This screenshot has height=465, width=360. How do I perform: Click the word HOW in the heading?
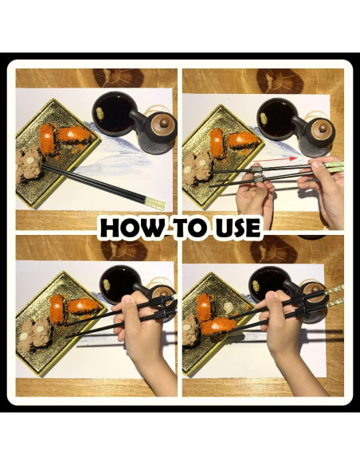coord(132,228)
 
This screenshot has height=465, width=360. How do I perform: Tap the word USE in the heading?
coord(238,228)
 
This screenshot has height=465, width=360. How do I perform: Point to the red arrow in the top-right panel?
coord(276,159)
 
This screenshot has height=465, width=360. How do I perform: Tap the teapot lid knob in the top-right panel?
coord(323,128)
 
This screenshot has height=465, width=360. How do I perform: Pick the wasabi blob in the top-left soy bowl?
coord(100,113)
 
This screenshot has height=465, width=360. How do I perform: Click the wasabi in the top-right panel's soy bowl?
coord(264,119)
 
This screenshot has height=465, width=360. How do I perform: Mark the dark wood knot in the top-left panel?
coord(119,78)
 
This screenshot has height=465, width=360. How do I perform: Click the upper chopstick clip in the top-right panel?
coord(257,170)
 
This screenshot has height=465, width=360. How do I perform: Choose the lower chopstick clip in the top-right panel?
coord(259,179)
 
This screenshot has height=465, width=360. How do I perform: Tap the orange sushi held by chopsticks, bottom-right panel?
coord(216,326)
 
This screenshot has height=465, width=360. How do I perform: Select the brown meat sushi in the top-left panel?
coord(29,164)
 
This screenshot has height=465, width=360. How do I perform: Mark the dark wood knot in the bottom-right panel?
coord(273,249)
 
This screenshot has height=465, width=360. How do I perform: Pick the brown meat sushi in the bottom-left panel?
coord(34,334)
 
